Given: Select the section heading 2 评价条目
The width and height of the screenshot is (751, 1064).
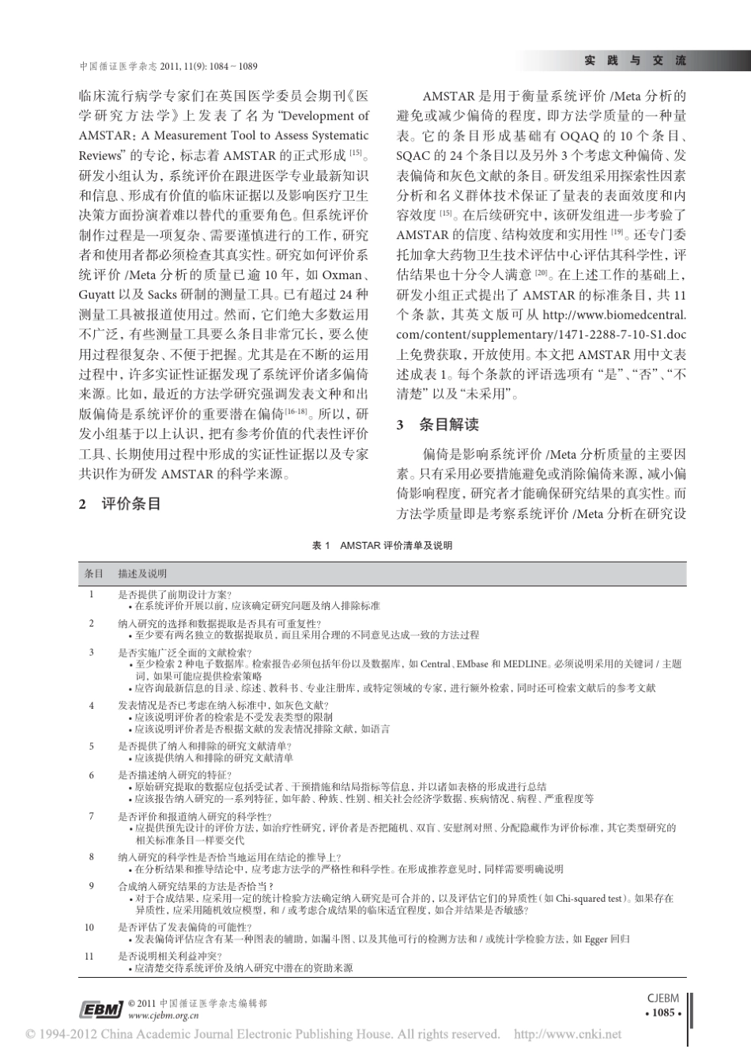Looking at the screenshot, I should click(120, 503).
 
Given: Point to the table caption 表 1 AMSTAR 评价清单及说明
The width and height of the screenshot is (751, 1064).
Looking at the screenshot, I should click(383, 546).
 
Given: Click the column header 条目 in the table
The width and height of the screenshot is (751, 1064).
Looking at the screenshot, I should click(94, 573).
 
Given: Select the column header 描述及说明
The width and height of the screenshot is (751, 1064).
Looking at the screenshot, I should click(142, 573).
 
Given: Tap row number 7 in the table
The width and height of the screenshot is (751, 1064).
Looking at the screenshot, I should click(91, 816).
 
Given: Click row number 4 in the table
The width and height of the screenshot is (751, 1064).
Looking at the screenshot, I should click(91, 705).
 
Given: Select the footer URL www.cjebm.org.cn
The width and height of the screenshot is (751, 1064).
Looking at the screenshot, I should click(163, 1015).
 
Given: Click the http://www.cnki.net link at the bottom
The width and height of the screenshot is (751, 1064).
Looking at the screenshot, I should click(568, 1034).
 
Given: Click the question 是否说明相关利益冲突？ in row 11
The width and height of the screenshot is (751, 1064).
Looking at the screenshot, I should click(163, 956).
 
